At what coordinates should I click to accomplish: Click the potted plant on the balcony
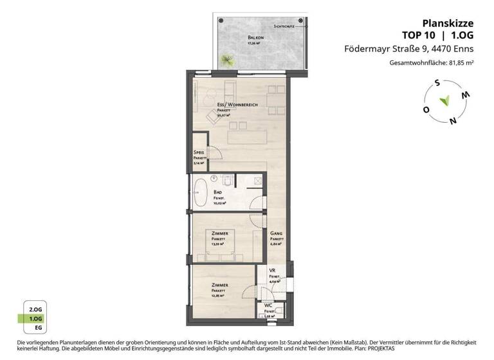click(x=227, y=60)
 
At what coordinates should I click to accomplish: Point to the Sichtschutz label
click(x=284, y=27)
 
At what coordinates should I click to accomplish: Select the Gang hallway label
click(x=276, y=233)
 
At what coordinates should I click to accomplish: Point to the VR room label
click(x=272, y=271)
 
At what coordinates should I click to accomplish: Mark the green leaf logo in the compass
click(x=444, y=101)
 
